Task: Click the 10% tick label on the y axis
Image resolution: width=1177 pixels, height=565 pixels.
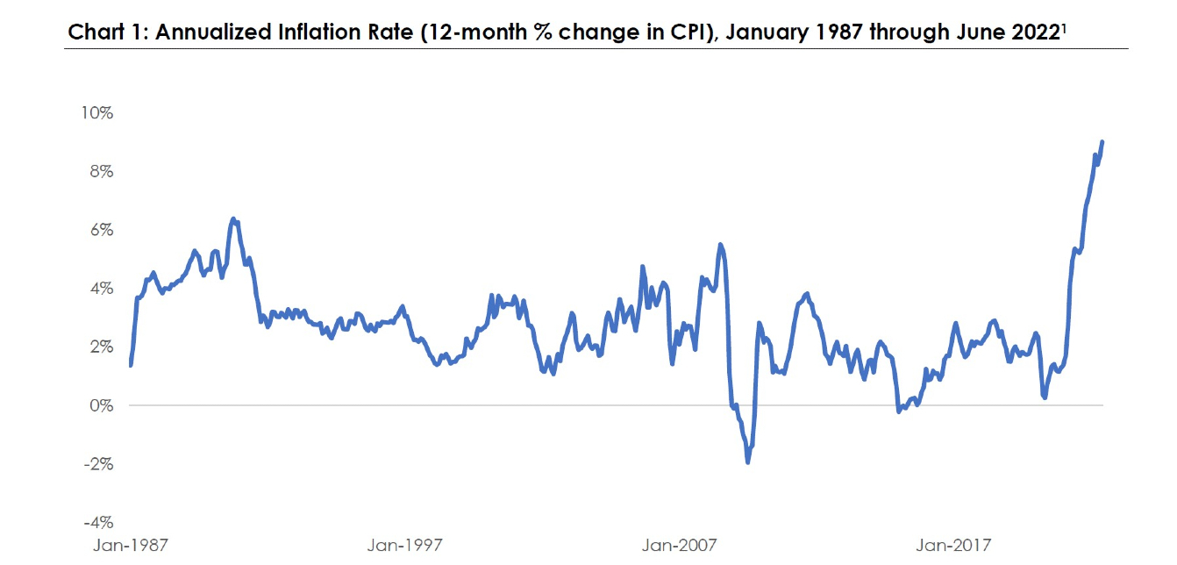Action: pyautogui.click(x=96, y=113)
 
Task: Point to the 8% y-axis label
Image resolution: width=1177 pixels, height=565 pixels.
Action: pyautogui.click(x=100, y=171)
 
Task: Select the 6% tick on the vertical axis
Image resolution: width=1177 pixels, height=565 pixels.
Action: pyautogui.click(x=100, y=230)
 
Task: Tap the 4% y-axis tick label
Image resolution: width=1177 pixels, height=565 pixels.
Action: pyautogui.click(x=100, y=289)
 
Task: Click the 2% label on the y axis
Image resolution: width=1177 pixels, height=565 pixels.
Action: pyautogui.click(x=100, y=347)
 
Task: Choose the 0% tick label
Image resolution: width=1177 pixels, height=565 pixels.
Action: pyautogui.click(x=100, y=405)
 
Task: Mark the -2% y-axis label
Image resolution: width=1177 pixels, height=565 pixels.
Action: pyautogui.click(x=97, y=463)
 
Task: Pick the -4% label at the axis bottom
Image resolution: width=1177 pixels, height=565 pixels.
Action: pyautogui.click(x=97, y=522)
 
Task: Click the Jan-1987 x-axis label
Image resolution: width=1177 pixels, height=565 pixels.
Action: pyautogui.click(x=131, y=546)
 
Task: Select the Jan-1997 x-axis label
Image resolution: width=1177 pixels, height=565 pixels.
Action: pyautogui.click(x=404, y=546)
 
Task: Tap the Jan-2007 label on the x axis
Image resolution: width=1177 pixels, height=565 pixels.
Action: pyautogui.click(x=679, y=546)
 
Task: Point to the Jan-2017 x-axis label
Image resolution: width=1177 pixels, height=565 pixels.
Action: pyautogui.click(x=953, y=546)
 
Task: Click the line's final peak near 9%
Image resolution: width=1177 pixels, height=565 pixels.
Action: pyautogui.click(x=1102, y=141)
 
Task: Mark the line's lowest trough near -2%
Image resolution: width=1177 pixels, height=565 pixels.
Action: pyautogui.click(x=748, y=461)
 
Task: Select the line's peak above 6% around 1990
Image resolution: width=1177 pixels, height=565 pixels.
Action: pyautogui.click(x=232, y=218)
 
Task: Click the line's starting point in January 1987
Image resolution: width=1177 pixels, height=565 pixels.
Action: pyautogui.click(x=131, y=365)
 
